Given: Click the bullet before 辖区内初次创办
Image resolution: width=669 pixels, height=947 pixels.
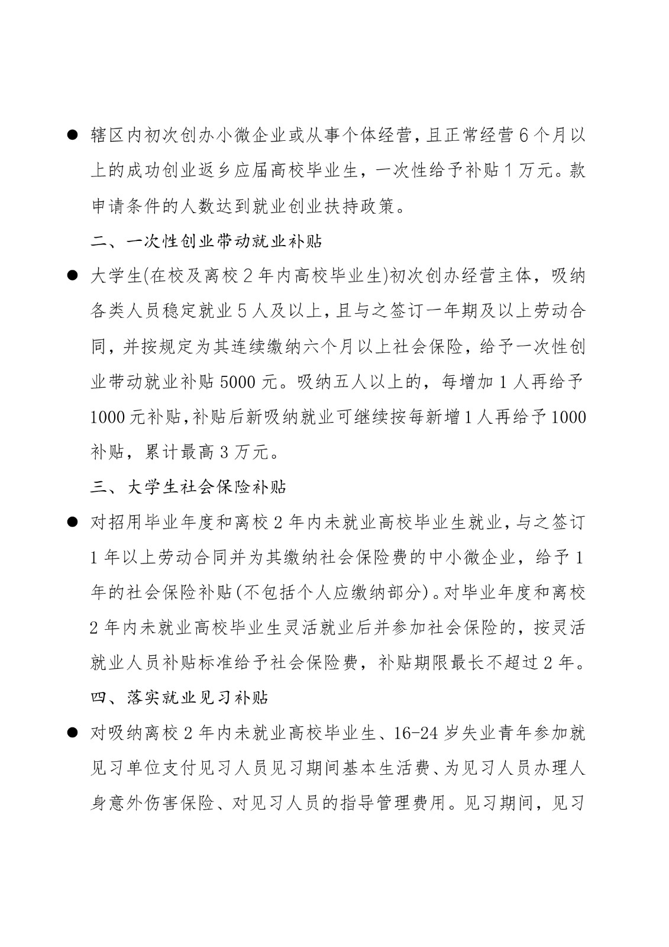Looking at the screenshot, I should click(x=73, y=135).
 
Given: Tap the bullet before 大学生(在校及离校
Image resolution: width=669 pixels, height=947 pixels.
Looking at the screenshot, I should click(x=73, y=275).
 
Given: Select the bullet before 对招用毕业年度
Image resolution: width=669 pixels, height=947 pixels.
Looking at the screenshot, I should click(x=73, y=521).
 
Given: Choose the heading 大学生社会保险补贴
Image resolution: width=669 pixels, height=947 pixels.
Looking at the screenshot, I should click(x=207, y=487).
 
